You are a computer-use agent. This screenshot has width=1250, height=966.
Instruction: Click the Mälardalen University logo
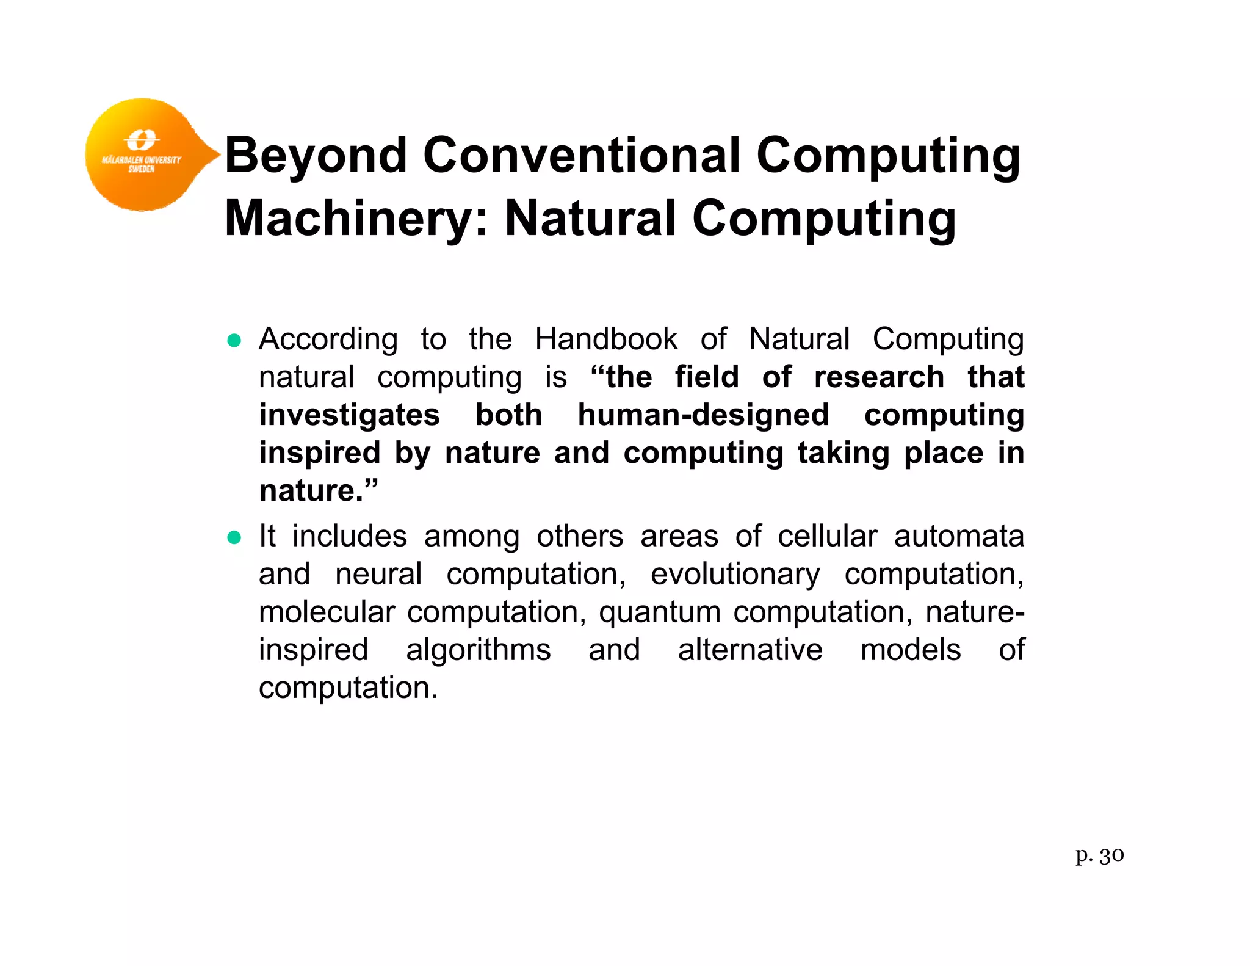pyautogui.click(x=143, y=154)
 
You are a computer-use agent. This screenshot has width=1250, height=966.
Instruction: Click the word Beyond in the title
pyautogui.click(x=316, y=155)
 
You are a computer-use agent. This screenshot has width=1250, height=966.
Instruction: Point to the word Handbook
pyautogui.click(x=605, y=339)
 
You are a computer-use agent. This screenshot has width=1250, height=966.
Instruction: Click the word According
pyautogui.click(x=328, y=339)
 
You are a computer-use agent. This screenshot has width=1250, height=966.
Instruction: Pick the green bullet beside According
pyautogui.click(x=234, y=340)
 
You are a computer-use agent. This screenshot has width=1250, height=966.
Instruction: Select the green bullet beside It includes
pyautogui.click(x=234, y=537)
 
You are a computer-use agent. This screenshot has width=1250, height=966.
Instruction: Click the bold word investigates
pyautogui.click(x=349, y=415)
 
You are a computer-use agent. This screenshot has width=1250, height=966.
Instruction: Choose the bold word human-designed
pyautogui.click(x=703, y=415)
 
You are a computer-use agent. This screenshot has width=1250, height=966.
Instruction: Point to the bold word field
pyautogui.click(x=707, y=377)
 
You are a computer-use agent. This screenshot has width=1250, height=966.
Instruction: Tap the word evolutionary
pyautogui.click(x=735, y=575)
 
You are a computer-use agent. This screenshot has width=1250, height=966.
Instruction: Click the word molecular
pyautogui.click(x=327, y=612)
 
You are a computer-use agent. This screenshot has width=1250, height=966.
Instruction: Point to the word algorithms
pyautogui.click(x=478, y=650)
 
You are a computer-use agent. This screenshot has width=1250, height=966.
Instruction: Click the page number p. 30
pyautogui.click(x=1099, y=855)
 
